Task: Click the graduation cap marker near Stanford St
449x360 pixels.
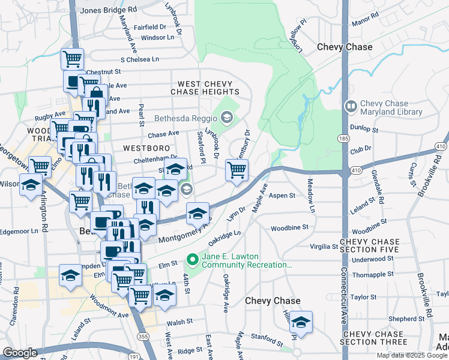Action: pos(301,321)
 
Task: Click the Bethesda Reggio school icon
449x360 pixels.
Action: pos(226,117)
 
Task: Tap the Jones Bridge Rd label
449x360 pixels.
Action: pos(108,10)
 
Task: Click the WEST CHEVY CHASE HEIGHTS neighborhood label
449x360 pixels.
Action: pos(205,88)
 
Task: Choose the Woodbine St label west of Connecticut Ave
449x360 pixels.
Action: pos(289,228)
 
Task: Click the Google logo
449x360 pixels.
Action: pos(20,353)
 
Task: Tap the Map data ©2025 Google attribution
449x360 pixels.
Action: pos(412,355)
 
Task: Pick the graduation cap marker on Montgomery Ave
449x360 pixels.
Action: pos(197,213)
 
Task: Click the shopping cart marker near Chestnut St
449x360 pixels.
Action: pos(71,59)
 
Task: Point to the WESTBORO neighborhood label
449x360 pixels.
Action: pos(143,147)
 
